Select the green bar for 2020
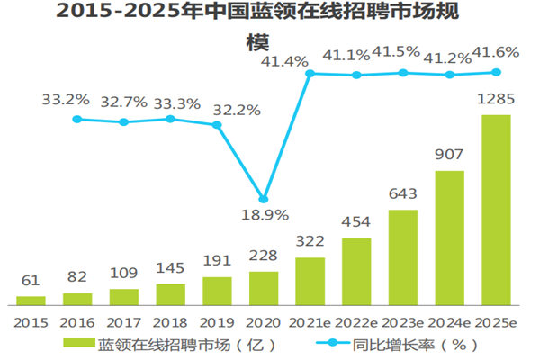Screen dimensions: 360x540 click(264, 287)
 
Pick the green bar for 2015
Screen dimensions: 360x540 click(31, 299)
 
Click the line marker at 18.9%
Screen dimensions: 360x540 click(263, 199)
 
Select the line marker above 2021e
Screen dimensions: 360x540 click(310, 74)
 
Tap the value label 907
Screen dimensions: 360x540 click(450, 154)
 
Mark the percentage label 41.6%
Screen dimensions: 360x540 click(497, 53)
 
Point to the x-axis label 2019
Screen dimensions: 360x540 click(217, 320)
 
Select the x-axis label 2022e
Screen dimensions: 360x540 click(356, 320)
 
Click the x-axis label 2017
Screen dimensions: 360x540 click(124, 320)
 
